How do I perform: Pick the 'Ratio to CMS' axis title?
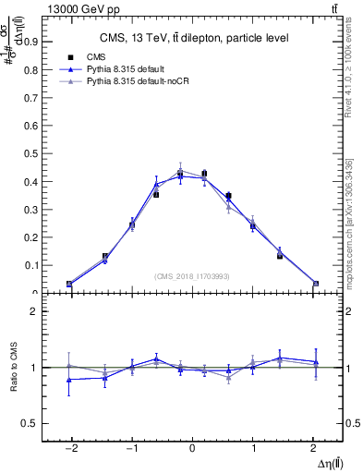(15, 368)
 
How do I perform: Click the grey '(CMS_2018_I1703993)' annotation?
(191, 276)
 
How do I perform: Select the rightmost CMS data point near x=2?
(315, 284)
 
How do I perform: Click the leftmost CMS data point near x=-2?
(69, 284)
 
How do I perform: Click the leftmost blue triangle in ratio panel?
(69, 380)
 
